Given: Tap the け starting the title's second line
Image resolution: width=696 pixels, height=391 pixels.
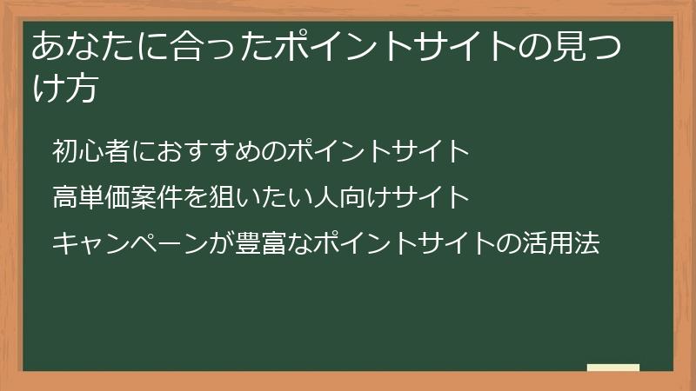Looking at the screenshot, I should pyautogui.click(x=47, y=90).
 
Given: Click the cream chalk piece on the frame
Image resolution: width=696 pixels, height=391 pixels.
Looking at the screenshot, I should pyautogui.click(x=612, y=368).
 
